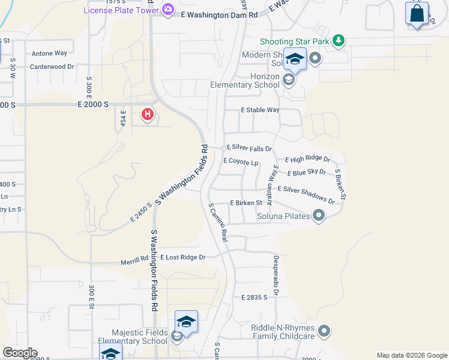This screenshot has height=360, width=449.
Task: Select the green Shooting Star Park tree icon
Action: pos(340,40)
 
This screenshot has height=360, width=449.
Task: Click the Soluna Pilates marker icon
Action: pos(319,215)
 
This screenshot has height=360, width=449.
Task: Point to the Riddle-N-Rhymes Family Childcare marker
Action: pos(324,331)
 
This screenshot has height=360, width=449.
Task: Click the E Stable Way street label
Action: pos(260,110)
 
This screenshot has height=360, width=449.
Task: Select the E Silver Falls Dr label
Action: pos(249,148)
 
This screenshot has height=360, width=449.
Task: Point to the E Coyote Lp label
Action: pos(240,162)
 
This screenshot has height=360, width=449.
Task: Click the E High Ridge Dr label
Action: pos(308,160)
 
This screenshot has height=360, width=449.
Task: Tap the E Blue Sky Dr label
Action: pos(307,173)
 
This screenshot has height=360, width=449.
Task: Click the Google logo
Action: pos(19,353)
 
